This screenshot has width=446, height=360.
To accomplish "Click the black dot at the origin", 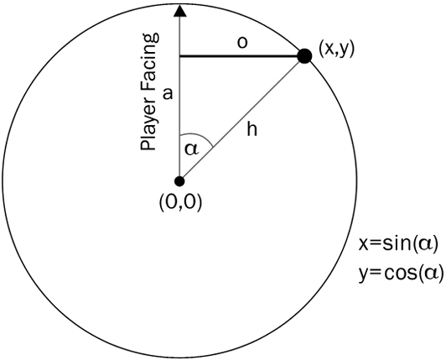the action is (179, 181).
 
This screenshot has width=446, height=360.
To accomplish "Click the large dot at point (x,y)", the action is (304, 56).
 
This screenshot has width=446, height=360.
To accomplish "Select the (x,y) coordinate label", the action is (336, 49).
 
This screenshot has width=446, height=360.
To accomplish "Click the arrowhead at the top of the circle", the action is (179, 10).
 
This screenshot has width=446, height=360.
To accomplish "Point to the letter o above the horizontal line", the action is (242, 43).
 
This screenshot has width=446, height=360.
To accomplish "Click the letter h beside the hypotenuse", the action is (252, 128).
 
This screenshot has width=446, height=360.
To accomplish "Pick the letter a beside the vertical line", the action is (168, 93).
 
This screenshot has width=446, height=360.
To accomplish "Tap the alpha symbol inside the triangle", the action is (191, 149).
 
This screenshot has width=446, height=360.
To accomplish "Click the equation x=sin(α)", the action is (398, 244).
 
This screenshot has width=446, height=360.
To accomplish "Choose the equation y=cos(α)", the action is (401, 273).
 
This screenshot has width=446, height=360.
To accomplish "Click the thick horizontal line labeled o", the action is (241, 56).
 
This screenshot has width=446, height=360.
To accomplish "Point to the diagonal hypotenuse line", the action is (241, 119).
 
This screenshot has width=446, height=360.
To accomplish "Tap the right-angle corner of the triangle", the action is (179, 56).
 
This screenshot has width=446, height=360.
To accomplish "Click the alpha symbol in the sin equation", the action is (425, 245).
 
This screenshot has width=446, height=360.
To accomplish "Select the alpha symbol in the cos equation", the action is (431, 273).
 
